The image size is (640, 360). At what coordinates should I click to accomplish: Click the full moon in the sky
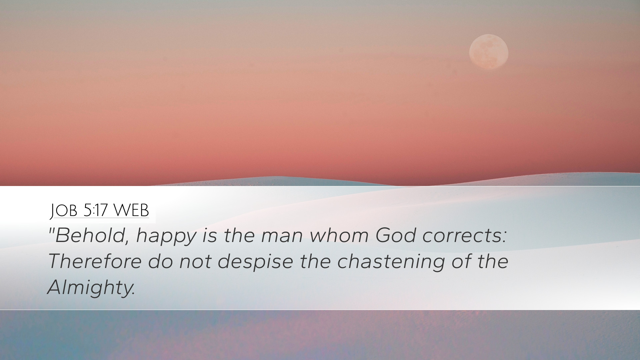pyautogui.click(x=489, y=52)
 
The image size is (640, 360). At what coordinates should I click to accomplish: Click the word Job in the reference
pyautogui.click(x=64, y=211)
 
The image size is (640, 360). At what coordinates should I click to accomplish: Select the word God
pyautogui.click(x=396, y=235)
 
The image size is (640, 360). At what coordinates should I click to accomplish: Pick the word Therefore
pyautogui.click(x=95, y=261)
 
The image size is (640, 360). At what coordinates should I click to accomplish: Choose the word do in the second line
pyautogui.click(x=160, y=261)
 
